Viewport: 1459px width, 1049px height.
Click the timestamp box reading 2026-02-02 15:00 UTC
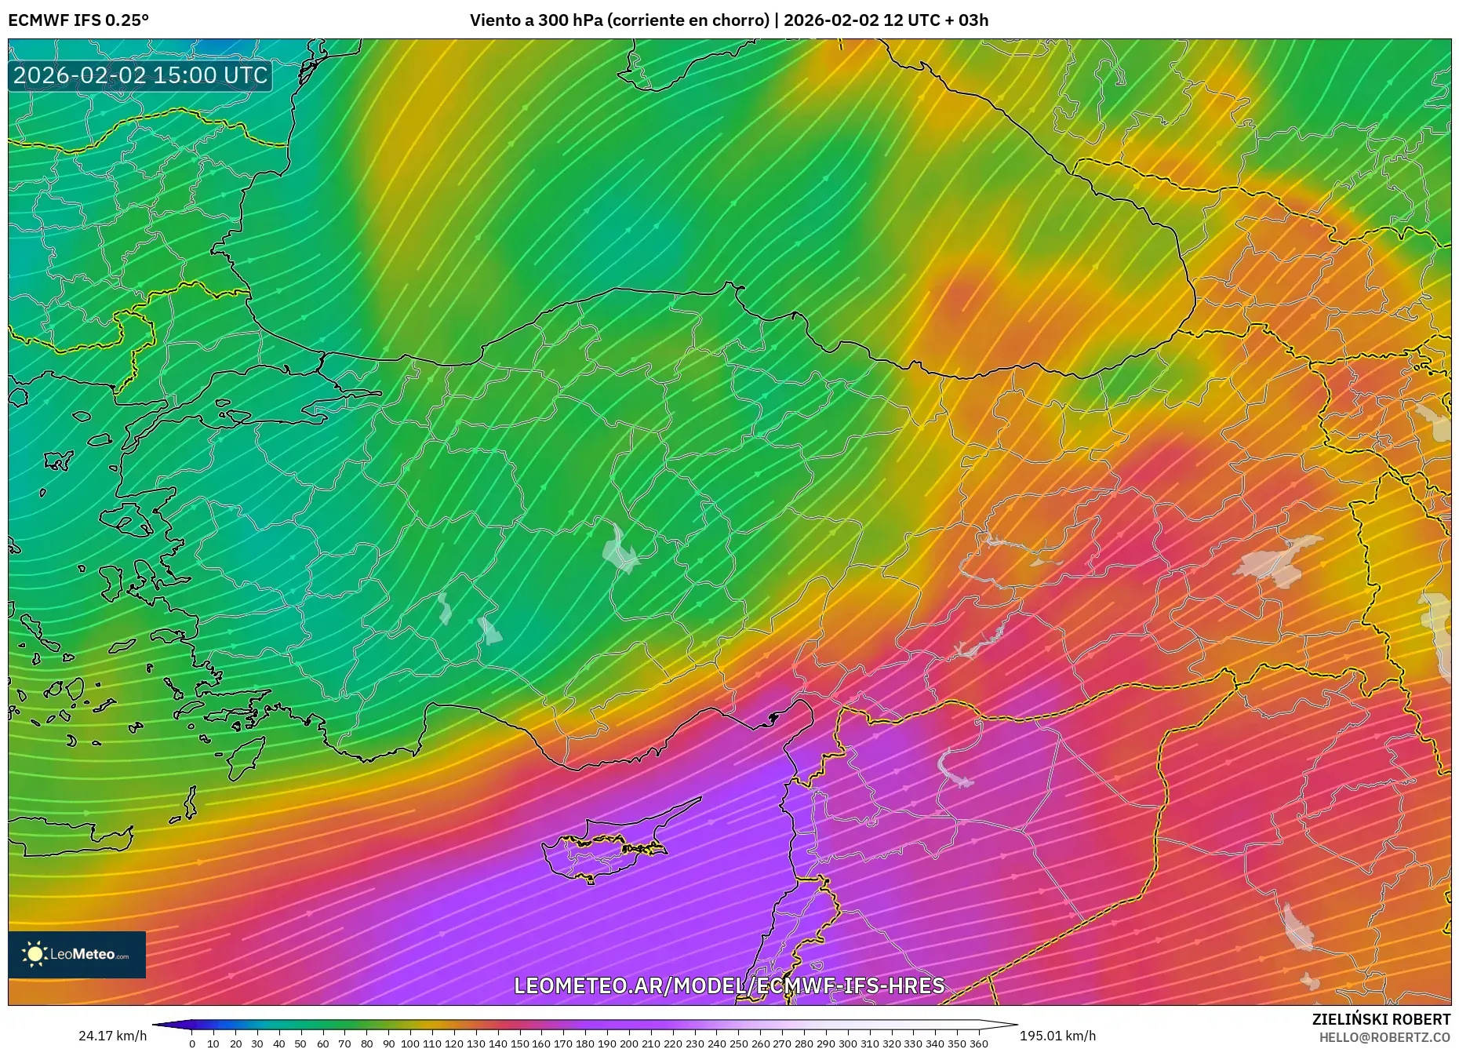pos(140,75)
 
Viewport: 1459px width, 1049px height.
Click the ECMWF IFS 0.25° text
pos(78,20)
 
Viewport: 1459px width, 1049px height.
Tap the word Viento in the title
pos(494,20)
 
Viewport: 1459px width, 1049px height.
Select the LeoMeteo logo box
pos(77,954)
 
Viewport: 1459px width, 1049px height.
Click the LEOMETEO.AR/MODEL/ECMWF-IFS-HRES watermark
pos(729,985)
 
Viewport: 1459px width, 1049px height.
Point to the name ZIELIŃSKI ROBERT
pos(1381,1019)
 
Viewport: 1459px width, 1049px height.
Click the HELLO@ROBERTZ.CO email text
pos(1384,1037)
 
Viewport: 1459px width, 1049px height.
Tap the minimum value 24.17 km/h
pos(112,1036)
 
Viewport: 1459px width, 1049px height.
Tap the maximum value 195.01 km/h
pos(1057,1036)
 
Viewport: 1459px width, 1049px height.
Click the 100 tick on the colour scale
pos(410,1043)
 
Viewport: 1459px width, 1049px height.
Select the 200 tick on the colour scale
pos(628,1043)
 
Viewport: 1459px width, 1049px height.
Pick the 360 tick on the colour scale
pos(978,1043)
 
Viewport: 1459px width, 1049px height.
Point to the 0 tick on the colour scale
pos(192,1043)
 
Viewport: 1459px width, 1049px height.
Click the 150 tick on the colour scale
pos(519,1043)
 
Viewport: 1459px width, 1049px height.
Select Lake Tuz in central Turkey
pos(620,549)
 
